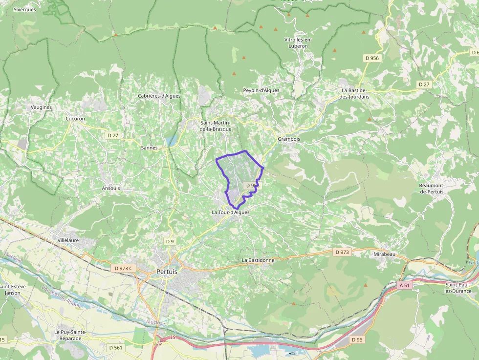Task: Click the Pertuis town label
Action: pyautogui.click(x=167, y=272)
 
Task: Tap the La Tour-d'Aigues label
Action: pyautogui.click(x=231, y=212)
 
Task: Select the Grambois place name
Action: pyautogui.click(x=288, y=139)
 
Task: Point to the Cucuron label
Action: pyautogui.click(x=75, y=119)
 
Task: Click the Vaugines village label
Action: pyautogui.click(x=41, y=107)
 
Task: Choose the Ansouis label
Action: pyautogui.click(x=111, y=188)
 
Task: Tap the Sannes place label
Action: pyautogui.click(x=149, y=148)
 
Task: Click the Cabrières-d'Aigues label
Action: pyautogui.click(x=160, y=96)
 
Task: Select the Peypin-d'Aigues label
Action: pyautogui.click(x=261, y=90)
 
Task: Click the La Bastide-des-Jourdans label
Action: pyautogui.click(x=355, y=93)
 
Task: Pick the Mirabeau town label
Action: pyautogui.click(x=383, y=254)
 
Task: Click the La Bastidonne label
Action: pyautogui.click(x=258, y=260)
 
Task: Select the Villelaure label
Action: pyautogui.click(x=68, y=241)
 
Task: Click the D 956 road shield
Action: pyautogui.click(x=371, y=58)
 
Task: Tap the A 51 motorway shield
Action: pyautogui.click(x=404, y=285)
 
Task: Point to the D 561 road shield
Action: pyautogui.click(x=115, y=347)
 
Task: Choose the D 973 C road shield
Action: pyautogui.click(x=124, y=268)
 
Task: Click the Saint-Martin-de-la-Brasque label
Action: pyautogui.click(x=216, y=126)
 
